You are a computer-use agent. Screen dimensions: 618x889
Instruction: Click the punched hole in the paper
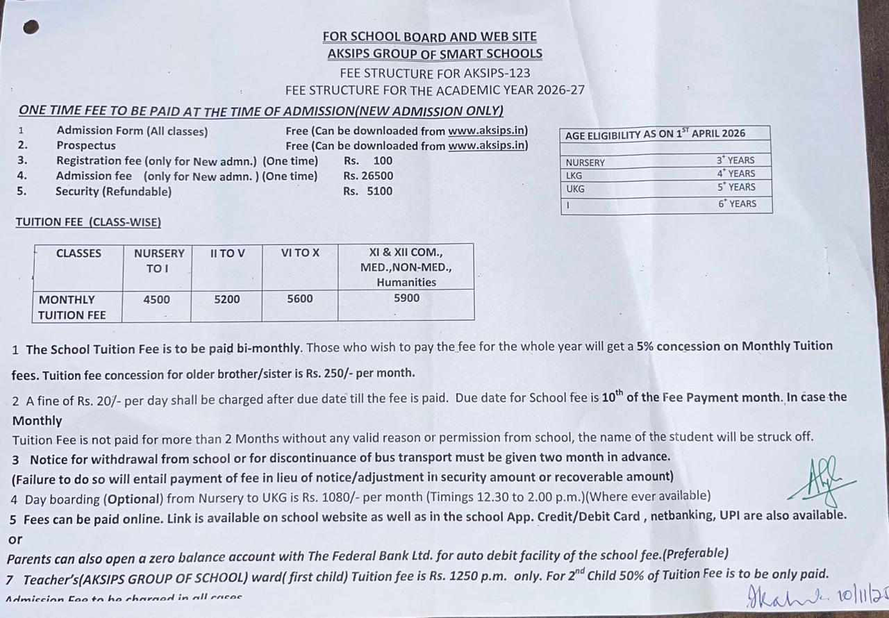31,27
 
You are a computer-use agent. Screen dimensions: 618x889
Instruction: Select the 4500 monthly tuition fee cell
156,299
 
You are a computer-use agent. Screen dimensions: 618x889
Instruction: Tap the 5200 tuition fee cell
226,299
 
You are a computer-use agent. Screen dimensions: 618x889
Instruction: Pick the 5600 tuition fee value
300,299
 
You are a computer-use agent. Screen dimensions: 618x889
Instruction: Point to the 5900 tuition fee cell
406,298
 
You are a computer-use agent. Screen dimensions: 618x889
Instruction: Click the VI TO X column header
300,253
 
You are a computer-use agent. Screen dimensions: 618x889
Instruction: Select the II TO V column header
227,253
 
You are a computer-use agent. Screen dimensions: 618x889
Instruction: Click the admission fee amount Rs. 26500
367,176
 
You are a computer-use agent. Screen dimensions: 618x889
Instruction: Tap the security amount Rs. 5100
367,191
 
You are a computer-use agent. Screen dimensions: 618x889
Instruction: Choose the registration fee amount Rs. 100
367,160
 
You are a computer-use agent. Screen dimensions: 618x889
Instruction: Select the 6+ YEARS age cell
737,203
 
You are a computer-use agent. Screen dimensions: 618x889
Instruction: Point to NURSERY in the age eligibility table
585,162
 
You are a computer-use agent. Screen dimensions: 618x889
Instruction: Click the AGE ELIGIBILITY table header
655,134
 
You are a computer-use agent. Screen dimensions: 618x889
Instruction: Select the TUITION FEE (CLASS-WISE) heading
88,222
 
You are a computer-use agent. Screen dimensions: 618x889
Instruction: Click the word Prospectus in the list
86,145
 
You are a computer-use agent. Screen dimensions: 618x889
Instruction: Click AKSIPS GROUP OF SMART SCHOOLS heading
435,53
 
